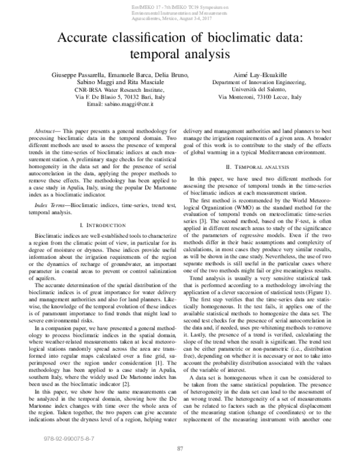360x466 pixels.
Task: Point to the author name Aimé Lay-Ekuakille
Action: (262, 75)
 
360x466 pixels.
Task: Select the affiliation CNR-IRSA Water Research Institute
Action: (106, 89)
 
